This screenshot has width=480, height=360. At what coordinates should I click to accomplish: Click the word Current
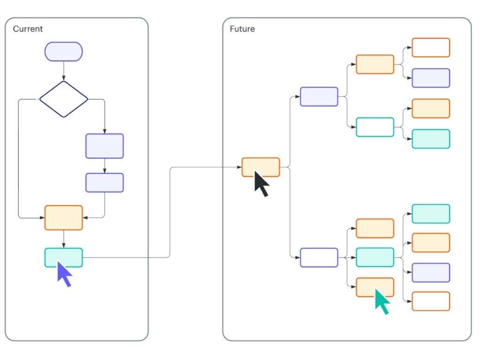point(28,29)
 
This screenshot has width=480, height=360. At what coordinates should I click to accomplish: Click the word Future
point(242,29)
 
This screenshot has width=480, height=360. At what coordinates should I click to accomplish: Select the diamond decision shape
point(64,99)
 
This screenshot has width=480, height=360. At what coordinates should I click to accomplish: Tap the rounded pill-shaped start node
point(64,52)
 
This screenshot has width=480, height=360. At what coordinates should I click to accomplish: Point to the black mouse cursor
point(262,184)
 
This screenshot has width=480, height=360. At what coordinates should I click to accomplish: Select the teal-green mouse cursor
point(382,302)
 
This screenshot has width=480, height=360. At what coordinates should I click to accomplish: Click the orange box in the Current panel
point(64,217)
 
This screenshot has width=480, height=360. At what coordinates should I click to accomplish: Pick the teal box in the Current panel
point(64,257)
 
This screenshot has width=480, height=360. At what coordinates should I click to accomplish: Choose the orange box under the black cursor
point(261,167)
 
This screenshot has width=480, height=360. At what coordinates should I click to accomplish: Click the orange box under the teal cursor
point(375,287)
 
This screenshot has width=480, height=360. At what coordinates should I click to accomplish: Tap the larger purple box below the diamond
point(105,146)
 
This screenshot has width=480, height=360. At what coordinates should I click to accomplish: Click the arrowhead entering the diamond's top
point(64,79)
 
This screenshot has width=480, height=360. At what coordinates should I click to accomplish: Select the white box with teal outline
point(375,127)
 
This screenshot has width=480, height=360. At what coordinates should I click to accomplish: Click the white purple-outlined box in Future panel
point(319,257)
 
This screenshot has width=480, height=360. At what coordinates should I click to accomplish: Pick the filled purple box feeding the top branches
point(319,97)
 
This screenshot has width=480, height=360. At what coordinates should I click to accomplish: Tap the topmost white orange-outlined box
point(431,47)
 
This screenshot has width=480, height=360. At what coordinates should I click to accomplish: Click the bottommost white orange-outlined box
point(431,301)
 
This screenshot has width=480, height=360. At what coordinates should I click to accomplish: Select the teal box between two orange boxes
point(375,257)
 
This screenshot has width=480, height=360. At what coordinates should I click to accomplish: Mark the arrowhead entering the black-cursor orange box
point(240,167)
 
